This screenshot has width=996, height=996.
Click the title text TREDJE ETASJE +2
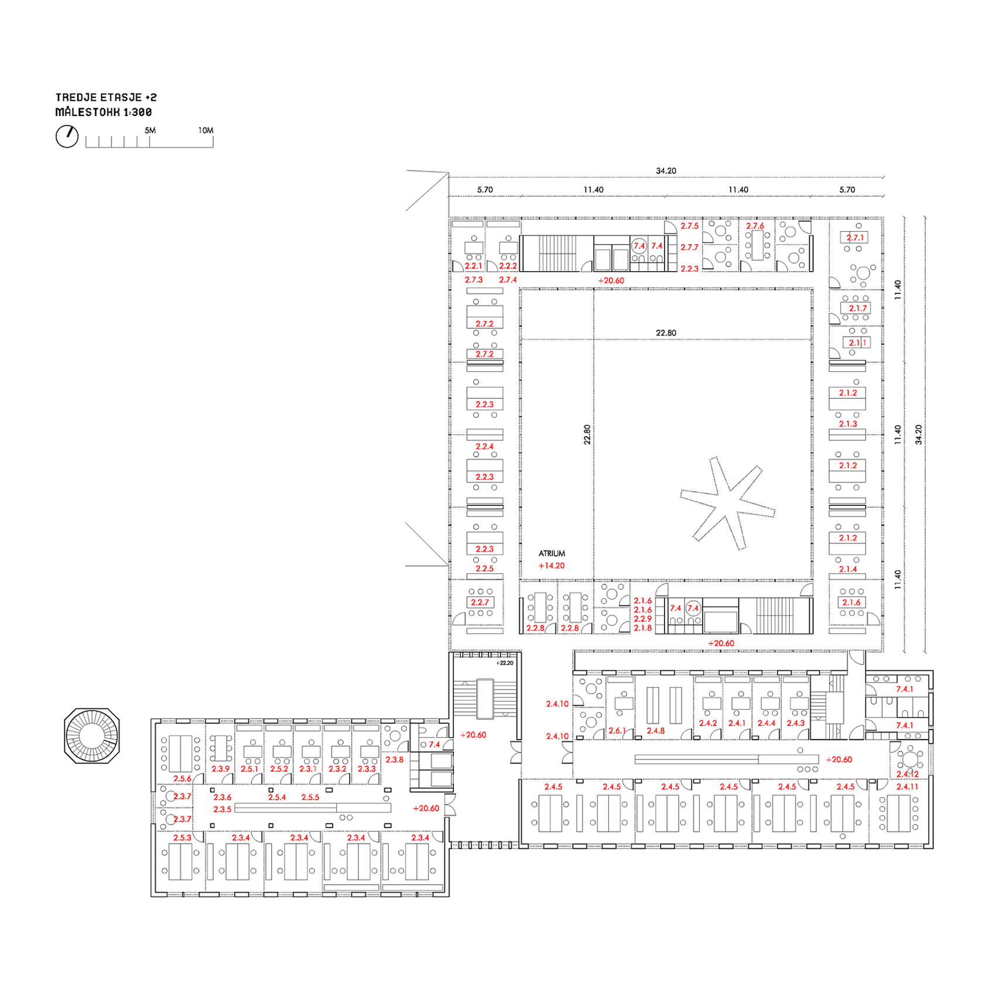pos(106,97)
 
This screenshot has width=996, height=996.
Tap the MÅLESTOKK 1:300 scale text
pos(104,112)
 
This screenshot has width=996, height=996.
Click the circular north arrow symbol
pos(67,136)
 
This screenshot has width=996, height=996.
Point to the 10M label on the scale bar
pos(206,131)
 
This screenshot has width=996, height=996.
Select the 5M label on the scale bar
pos(150,131)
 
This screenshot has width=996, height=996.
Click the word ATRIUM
pos(552,553)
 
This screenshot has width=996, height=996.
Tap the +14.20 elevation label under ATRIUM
pos(552,566)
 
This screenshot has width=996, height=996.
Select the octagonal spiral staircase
pos(92,735)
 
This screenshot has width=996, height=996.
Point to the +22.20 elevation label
pos(505,663)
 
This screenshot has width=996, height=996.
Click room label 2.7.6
pos(755,226)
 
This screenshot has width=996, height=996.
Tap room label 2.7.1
pos(855,238)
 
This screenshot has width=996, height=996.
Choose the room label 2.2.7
pos(480,603)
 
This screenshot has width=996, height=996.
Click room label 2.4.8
pos(656,731)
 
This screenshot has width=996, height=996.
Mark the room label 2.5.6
pos(182,779)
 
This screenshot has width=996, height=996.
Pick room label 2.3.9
pos(221,769)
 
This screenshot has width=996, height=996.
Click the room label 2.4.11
pos(907,787)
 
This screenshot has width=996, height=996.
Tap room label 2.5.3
pos(182,838)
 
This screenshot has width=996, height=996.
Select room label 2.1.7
pos(858,309)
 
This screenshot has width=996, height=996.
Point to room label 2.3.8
pos(394,759)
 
